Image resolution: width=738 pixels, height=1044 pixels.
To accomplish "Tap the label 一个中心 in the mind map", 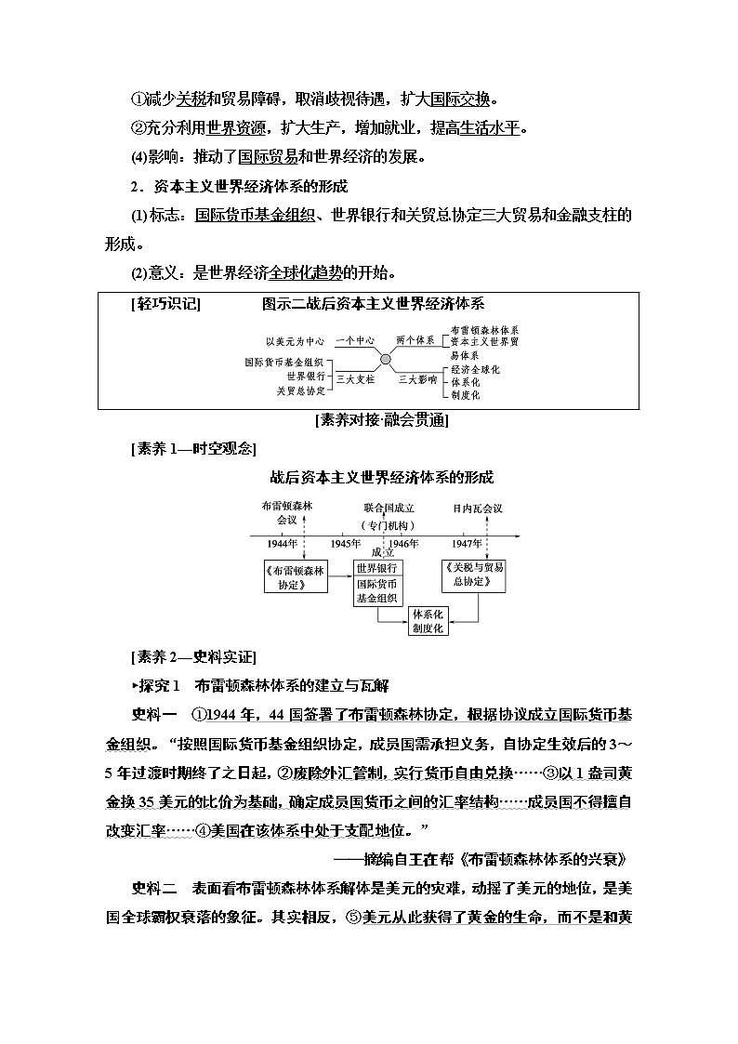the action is coord(354,341).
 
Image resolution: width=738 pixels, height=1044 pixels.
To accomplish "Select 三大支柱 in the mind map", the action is coord(354,379).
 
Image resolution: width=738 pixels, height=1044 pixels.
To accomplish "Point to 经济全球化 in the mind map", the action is coord(475,369).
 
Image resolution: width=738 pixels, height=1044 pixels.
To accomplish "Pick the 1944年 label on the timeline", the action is coord(283,543).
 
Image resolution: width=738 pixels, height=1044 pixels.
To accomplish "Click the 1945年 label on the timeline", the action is coord(346,543).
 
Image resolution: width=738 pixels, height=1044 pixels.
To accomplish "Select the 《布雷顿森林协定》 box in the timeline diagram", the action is coord(295,577).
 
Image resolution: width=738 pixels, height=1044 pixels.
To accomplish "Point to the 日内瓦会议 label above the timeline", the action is coord(478,509).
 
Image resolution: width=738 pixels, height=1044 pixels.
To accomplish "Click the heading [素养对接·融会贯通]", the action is coord(382,420).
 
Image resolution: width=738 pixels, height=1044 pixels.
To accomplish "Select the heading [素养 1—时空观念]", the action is coord(191,448).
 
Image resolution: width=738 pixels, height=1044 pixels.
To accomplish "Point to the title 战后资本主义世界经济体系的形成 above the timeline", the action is coord(381,478).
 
